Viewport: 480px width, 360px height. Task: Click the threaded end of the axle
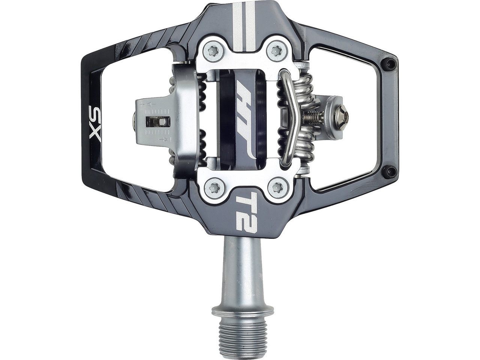[243, 338]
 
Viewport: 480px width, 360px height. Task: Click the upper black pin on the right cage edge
[390, 63]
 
